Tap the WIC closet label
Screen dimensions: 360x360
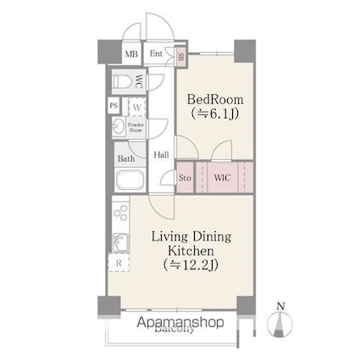[222, 178]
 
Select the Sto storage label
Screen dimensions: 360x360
[186, 178]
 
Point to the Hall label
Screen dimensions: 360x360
[161, 155]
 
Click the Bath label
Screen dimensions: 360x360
[126, 158]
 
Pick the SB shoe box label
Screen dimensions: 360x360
[180, 56]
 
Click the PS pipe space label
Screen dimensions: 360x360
[114, 106]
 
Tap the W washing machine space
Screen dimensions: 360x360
[136, 108]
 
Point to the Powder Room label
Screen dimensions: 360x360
[136, 128]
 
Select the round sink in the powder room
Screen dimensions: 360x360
[117, 129]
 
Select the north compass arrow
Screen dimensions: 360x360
[281, 324]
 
